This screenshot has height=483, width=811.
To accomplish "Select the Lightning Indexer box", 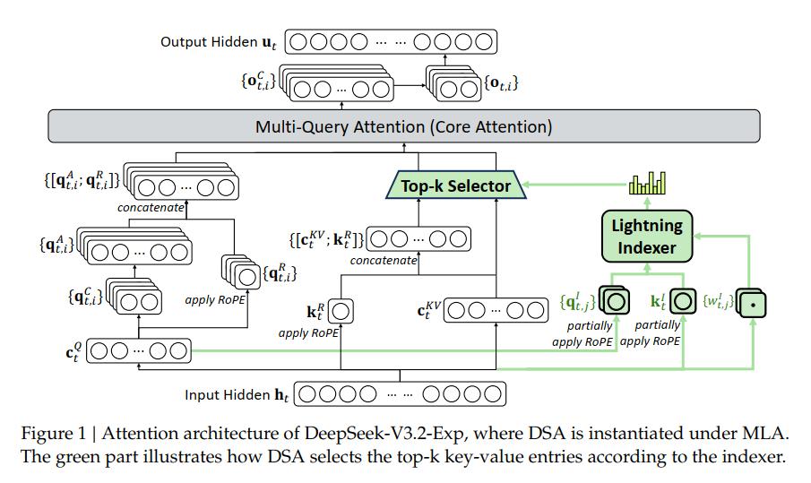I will pos(647,236).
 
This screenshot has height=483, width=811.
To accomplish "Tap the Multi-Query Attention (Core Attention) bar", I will pos(403,126).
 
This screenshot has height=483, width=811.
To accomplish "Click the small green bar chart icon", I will pos(647,184).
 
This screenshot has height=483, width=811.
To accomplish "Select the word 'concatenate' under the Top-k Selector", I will pos(384,260).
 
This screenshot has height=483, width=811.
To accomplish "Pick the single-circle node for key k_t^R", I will pos(342,311).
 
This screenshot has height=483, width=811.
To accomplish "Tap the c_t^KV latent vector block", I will pos(495,311).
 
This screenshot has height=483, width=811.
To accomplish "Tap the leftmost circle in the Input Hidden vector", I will pos(306,393).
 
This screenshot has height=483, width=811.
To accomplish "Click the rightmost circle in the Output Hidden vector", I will pos(482,41).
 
